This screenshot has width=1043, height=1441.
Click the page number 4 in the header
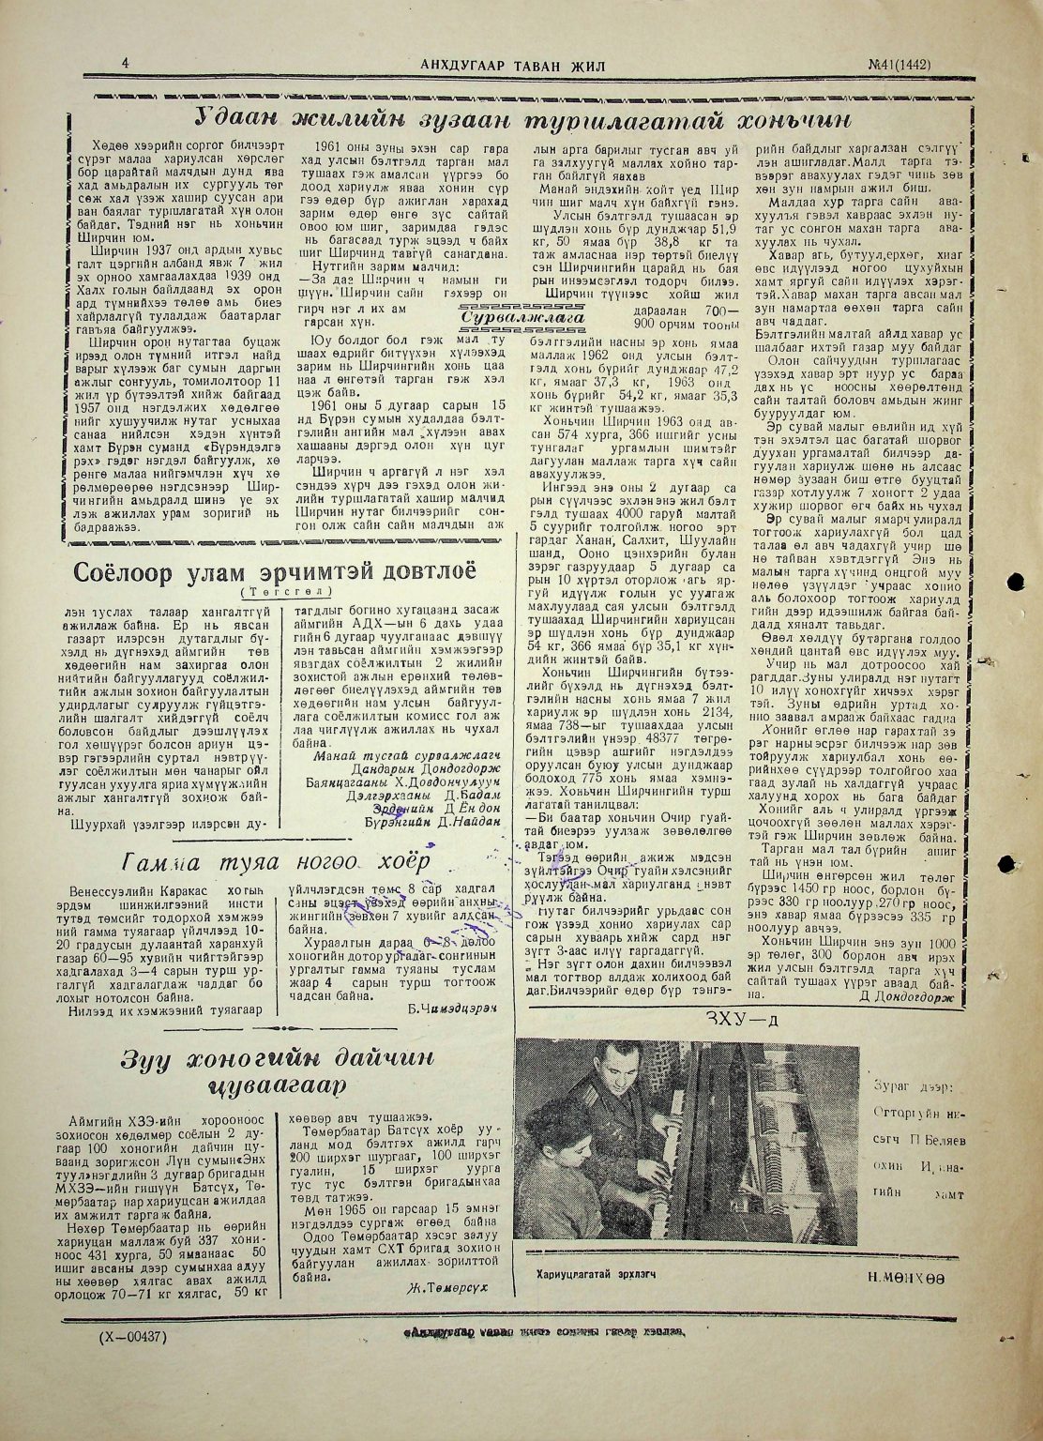(124, 62)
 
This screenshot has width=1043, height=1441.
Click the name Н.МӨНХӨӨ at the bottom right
(905, 1278)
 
